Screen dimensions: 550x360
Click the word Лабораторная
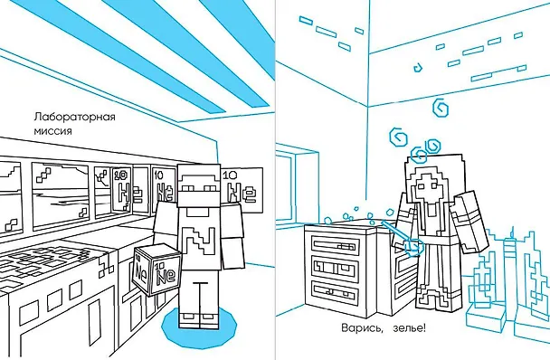[74, 117]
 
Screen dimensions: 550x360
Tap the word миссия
[53, 131]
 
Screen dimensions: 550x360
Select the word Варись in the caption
[361, 328]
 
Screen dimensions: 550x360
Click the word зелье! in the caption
[410, 328]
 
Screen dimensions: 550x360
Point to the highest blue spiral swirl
[440, 108]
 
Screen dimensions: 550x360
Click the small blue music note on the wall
[417, 67]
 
